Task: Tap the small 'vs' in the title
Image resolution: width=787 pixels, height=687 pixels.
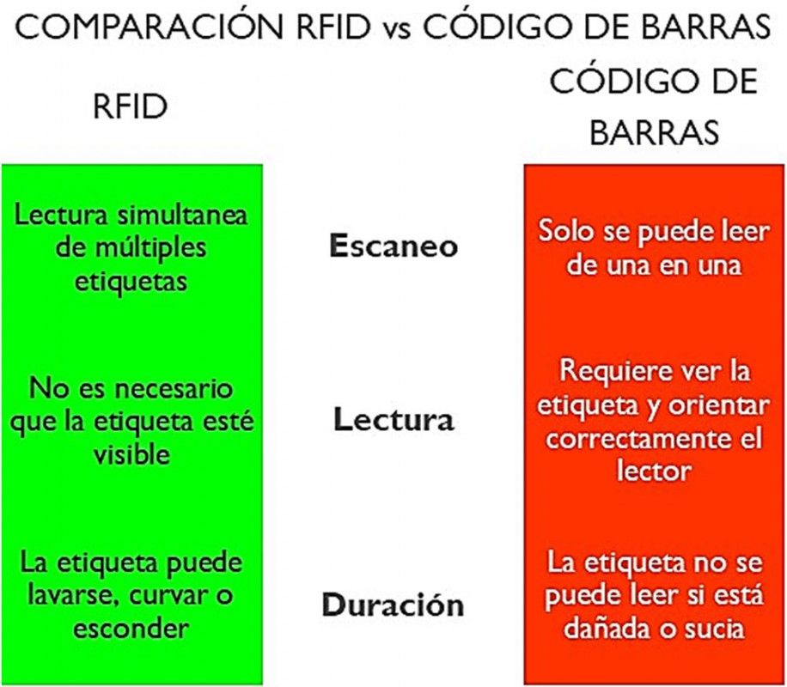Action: coord(399,30)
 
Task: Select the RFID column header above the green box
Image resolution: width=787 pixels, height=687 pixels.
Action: coord(131,106)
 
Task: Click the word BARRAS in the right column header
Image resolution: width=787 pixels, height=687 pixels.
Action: coord(654,132)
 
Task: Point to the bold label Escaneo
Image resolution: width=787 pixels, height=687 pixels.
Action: coord(393,246)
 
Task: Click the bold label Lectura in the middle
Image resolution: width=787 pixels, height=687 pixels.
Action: coord(393,420)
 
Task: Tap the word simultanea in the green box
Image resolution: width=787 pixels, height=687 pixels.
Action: coord(182,215)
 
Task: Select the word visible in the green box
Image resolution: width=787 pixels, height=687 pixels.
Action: coord(131,454)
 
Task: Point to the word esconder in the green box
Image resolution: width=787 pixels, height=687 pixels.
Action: coord(131,629)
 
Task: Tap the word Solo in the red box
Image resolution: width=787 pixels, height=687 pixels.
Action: coord(567,231)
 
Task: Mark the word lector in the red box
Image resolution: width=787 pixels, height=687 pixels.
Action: coord(655,471)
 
